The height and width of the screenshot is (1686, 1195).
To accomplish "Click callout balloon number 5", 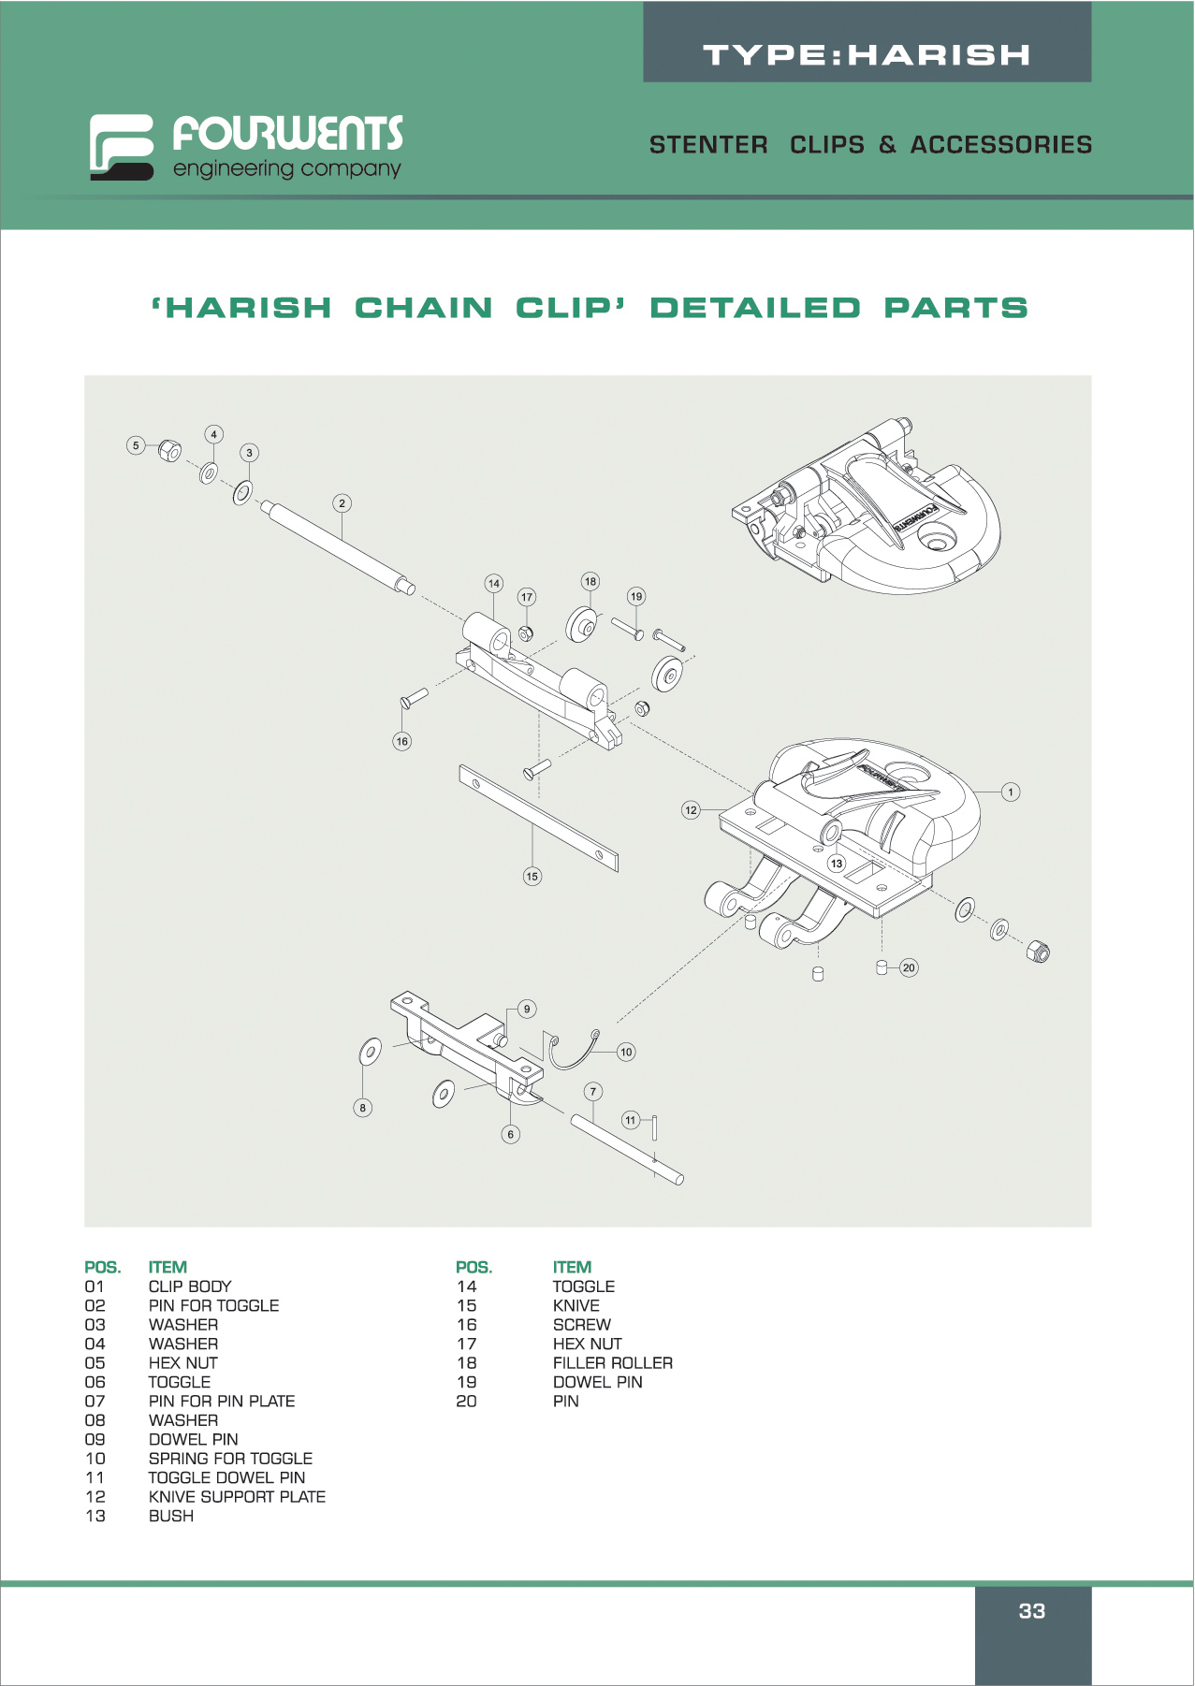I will point(136,445).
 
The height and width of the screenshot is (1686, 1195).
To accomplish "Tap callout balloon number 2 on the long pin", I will point(342,503).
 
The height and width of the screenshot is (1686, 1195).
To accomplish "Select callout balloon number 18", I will point(590,581).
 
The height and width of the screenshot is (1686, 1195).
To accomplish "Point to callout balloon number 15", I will point(532,877).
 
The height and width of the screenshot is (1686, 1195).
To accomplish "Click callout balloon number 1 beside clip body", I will point(1011,792).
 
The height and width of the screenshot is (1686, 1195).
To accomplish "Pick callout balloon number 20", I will point(909,967).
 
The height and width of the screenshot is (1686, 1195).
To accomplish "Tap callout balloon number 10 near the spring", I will point(626,1052).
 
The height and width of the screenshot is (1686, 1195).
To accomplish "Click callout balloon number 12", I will point(691,810).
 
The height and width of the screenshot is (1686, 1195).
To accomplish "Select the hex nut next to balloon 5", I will point(169,450).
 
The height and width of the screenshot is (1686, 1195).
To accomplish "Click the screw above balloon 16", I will point(414,697).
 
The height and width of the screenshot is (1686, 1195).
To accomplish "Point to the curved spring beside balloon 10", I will point(571,1052).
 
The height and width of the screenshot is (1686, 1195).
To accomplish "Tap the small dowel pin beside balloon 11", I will point(655,1127).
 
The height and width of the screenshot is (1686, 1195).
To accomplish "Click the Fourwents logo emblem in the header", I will point(122,146).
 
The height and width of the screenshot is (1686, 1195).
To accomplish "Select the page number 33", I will point(1032,1611).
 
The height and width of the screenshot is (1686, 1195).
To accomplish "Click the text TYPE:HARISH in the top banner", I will point(867,55).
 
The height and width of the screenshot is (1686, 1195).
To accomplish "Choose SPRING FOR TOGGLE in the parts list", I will point(230,1459).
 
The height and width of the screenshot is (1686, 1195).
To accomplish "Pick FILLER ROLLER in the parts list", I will point(613,1363).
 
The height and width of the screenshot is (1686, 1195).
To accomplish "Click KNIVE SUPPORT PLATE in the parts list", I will point(237,1497).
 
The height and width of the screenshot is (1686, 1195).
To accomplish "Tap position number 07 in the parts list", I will point(95,1402).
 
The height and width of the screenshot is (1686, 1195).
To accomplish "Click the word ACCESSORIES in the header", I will point(1001,145).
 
